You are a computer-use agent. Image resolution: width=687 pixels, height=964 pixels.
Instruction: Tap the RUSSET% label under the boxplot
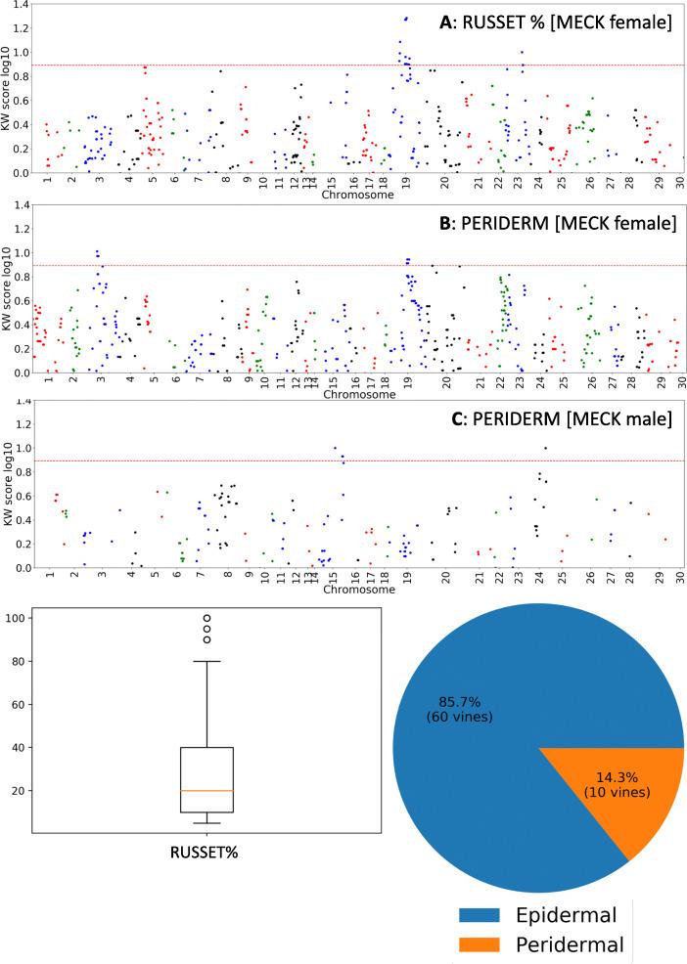click(x=206, y=851)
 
